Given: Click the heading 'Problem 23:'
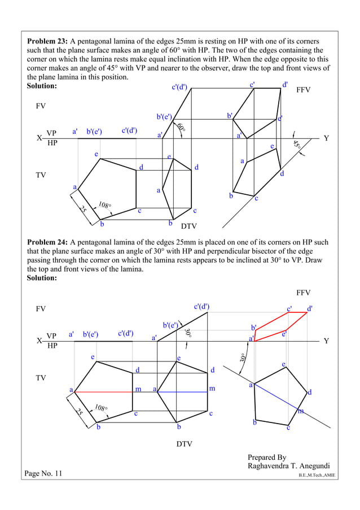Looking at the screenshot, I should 47,42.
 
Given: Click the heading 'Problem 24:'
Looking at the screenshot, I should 47,243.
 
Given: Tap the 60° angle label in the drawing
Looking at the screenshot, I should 181,128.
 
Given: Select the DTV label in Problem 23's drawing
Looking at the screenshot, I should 190,226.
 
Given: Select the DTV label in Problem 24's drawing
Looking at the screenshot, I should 184,444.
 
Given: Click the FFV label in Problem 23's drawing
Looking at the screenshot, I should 304,90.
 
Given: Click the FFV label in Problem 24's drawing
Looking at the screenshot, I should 304,293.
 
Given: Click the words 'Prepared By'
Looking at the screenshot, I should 267,457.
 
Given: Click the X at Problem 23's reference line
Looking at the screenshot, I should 39,138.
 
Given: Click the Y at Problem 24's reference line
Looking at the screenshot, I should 326,341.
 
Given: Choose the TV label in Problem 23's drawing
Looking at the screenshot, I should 41,176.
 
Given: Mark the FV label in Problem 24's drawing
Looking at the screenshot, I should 41,309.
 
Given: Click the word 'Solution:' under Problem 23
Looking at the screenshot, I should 42,86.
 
